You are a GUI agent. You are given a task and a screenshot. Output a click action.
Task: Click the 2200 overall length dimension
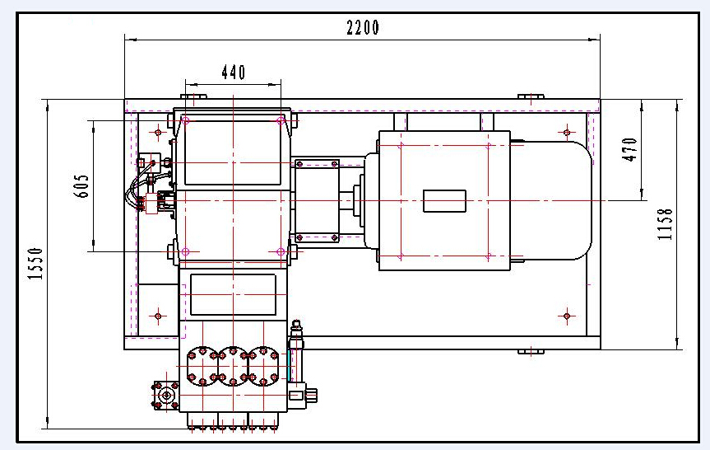pyautogui.click(x=363, y=27)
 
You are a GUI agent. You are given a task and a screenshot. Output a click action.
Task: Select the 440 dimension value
pyautogui.click(x=234, y=73)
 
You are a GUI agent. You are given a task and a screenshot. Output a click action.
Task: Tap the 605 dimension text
pyautogui.click(x=83, y=185)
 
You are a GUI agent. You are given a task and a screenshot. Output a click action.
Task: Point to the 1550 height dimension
pyautogui.click(x=35, y=264)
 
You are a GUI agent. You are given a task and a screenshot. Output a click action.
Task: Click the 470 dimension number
pyautogui.click(x=630, y=149)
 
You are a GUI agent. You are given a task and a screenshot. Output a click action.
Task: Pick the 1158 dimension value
pyautogui.click(x=665, y=224)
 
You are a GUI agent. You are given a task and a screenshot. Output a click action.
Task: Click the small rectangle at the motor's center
pyautogui.click(x=444, y=201)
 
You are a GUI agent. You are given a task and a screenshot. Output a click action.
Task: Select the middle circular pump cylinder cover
pyautogui.click(x=233, y=367)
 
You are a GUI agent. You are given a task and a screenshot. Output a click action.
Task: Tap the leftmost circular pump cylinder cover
pyautogui.click(x=202, y=367)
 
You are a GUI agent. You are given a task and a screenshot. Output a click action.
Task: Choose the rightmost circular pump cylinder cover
pyautogui.click(x=263, y=367)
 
